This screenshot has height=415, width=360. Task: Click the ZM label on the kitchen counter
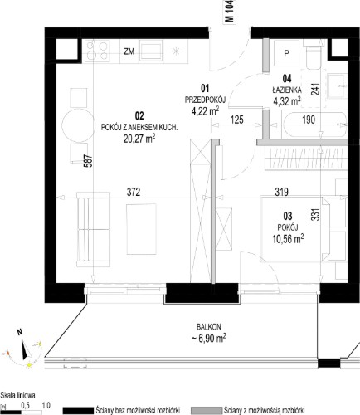tap(129, 51)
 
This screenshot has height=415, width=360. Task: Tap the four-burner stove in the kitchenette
tap(97, 51)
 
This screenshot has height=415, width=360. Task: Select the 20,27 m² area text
tap(139, 139)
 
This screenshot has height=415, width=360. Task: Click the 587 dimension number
tap(90, 161)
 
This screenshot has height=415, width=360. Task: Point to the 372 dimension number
tap(134, 192)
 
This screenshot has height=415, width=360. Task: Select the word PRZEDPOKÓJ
tap(205, 100)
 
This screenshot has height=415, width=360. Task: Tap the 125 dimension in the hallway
tap(237, 120)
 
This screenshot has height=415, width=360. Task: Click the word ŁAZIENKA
tap(287, 90)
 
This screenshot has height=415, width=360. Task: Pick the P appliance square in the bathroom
tap(287, 53)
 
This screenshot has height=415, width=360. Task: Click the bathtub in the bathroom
tap(314, 124)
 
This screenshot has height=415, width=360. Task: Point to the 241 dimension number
tap(315, 89)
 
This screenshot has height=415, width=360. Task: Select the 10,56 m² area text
tap(288, 238)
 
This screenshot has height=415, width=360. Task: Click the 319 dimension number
tap(282, 192)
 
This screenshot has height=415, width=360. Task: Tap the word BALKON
tap(209, 327)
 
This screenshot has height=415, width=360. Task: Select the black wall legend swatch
tap(78, 411)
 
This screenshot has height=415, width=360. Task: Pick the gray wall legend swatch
tap(207, 411)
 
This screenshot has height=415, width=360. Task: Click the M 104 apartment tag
tap(230, 12)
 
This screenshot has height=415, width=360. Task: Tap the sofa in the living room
tap(93, 229)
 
